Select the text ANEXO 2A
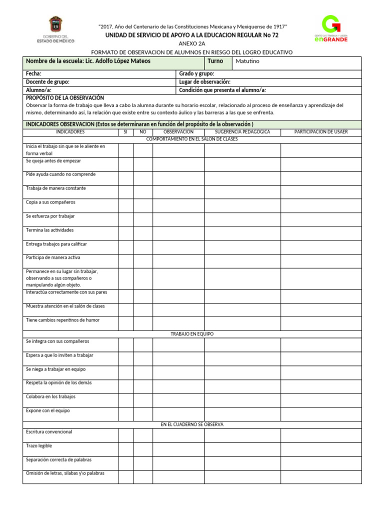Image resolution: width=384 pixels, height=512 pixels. (191, 44)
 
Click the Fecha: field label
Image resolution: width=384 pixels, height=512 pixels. (33, 73)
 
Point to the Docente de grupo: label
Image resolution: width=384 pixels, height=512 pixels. (47, 81)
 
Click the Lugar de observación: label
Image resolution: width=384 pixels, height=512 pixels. (204, 81)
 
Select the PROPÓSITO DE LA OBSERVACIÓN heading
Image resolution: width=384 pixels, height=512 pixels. (64, 98)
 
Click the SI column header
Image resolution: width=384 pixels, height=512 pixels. (125, 132)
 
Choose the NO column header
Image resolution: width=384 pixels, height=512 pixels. (143, 132)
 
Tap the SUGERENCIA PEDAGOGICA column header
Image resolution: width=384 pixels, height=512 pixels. (242, 132)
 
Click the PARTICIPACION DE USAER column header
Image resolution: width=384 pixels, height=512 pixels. (320, 132)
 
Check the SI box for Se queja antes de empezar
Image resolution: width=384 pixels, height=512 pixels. (125, 164)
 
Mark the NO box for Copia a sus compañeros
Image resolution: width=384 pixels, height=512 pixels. (143, 206)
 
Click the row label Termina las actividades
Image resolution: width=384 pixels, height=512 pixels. (49, 230)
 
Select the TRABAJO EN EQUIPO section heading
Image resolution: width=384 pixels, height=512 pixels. (192, 334)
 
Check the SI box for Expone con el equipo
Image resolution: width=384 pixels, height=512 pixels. (125, 414)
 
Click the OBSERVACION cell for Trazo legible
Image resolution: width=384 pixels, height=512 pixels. (178, 449)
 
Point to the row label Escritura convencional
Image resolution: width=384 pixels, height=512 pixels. (49, 431)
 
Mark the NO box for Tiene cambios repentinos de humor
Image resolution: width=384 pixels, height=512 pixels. (143, 323)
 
